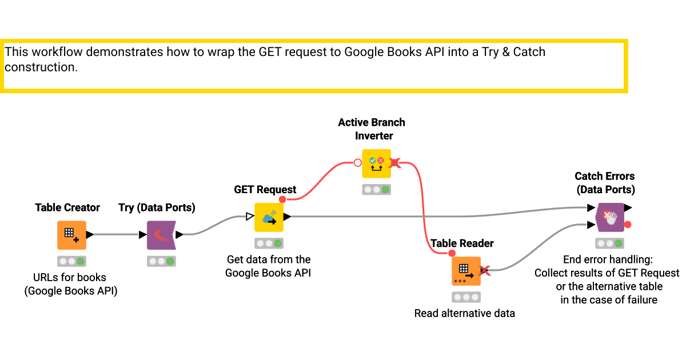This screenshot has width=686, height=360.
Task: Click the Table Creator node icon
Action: (71, 235)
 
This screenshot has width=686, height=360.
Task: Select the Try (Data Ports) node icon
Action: (161, 235)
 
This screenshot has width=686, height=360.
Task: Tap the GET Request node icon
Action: (269, 217)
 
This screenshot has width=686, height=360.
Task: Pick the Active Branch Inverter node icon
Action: (376, 163)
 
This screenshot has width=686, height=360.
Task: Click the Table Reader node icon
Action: (466, 270)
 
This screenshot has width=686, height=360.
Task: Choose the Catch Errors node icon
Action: (609, 217)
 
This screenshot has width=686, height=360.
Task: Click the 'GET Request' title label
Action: (265, 189)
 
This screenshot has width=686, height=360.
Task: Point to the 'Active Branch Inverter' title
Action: (372, 129)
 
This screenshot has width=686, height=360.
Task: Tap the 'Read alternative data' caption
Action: (464, 313)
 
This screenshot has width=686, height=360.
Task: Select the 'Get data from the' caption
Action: (269, 259)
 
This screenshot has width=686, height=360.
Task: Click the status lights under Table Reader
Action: (466, 297)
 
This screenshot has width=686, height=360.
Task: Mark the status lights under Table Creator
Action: (71, 261)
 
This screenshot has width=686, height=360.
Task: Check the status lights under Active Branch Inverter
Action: (376, 190)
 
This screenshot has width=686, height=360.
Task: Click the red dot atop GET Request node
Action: (282, 199)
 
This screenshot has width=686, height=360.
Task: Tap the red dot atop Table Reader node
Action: (452, 253)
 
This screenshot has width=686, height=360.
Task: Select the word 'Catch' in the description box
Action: (529, 52)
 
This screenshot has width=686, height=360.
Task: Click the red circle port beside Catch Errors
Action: (628, 224)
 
